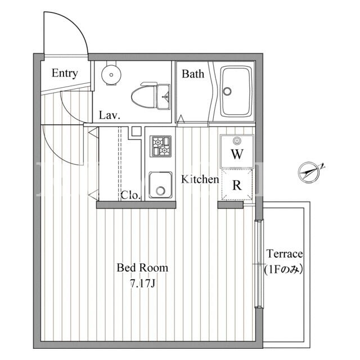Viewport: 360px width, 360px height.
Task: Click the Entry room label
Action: [x=65, y=73]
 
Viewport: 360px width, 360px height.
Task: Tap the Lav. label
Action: [x=110, y=115]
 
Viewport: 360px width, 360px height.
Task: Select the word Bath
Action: [x=193, y=74]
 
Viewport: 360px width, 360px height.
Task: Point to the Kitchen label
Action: [x=200, y=179]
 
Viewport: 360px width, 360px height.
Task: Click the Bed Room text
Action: [x=142, y=268]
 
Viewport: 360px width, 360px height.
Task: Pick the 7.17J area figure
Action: [x=142, y=284]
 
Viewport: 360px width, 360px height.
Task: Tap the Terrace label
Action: [x=285, y=254]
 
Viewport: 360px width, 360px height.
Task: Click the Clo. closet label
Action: [x=130, y=195]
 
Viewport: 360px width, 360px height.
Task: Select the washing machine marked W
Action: [x=237, y=151]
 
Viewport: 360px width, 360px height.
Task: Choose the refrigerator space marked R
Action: [x=237, y=184]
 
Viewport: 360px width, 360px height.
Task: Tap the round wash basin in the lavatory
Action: [x=111, y=74]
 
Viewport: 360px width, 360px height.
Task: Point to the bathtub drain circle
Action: [x=227, y=91]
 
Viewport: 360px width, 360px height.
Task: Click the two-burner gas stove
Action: [x=160, y=146]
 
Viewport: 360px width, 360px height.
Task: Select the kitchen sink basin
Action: [x=160, y=185]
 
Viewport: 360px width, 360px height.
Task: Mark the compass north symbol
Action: [x=309, y=173]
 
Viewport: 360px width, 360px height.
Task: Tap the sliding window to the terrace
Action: [x=259, y=264]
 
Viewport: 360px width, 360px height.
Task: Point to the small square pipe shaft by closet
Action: [x=136, y=131]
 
